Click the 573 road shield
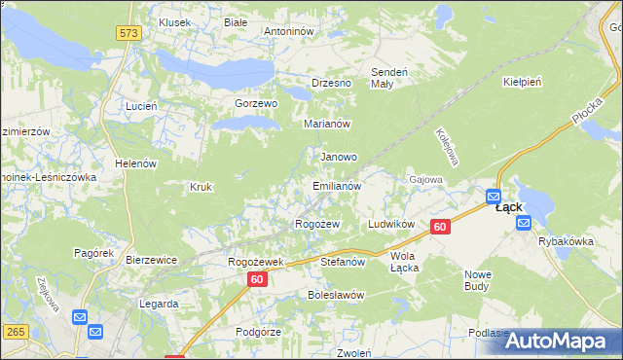(128, 33)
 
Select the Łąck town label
(509, 207)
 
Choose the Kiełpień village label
(521, 83)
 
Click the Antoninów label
(288, 31)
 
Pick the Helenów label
(135, 163)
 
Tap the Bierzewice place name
(151, 260)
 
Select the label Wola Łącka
(403, 262)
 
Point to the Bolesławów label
(335, 294)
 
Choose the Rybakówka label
(566, 241)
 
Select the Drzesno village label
(331, 83)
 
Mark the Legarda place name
(159, 304)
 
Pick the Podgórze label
(258, 332)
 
